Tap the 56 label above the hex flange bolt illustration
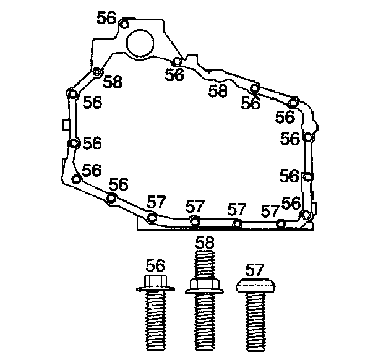[x=155, y=265]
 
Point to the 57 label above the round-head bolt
[x=254, y=270]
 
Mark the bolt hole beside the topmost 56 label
[x=124, y=25]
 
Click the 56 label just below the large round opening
[x=174, y=75]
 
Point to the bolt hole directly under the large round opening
[x=177, y=62]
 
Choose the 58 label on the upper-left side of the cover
[x=112, y=82]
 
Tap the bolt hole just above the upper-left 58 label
[x=97, y=72]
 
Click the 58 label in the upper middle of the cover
[x=218, y=91]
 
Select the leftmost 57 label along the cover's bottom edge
[x=156, y=202]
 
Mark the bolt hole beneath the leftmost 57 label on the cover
[x=152, y=217]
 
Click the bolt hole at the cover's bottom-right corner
[x=305, y=215]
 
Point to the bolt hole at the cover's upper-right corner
[x=293, y=102]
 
